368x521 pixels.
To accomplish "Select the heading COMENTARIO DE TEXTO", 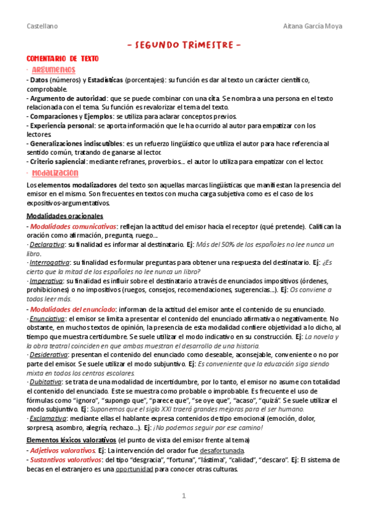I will pos(62,58).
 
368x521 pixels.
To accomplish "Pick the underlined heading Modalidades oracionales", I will pos(65,217).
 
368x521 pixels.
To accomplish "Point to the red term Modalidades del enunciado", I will pos(73,309).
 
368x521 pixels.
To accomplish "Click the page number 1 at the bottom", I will pos(183,496).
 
